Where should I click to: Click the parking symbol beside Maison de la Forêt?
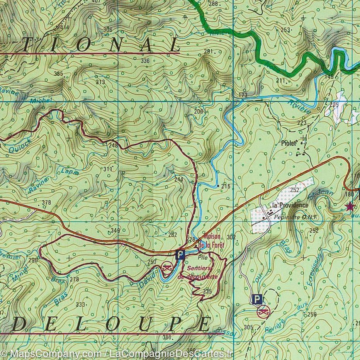click(180, 254)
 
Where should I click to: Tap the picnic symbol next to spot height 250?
click(166, 267)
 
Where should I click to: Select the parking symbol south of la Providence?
click(256, 299)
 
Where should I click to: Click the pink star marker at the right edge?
click(350, 206)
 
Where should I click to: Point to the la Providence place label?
click(290, 205)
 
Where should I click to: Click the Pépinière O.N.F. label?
click(295, 217)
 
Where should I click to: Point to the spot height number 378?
click(46, 202)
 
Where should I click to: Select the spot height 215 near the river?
click(226, 186)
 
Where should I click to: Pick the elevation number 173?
click(243, 95)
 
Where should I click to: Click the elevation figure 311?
click(107, 169)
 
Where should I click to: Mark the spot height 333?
click(80, 305)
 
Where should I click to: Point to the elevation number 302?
click(231, 236)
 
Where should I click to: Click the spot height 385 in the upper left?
click(58, 73)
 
